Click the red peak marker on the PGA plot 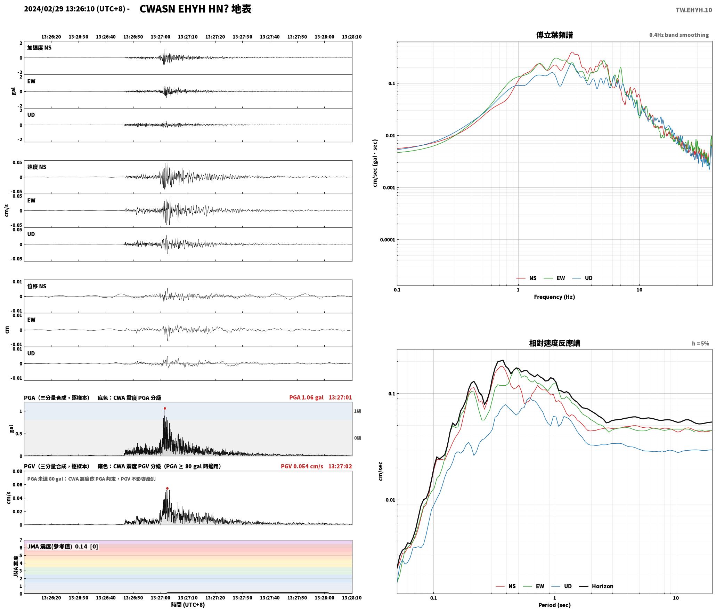165,409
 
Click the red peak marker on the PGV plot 167,489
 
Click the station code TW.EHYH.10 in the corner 694,10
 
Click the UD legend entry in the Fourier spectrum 583,278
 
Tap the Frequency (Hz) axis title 554,297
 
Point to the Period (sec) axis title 554,605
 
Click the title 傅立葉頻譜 554,35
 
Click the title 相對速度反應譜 554,343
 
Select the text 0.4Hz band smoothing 679,35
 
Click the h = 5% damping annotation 700,344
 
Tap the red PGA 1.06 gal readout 306,397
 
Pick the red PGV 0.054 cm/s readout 302,466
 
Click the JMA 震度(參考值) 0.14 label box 63,547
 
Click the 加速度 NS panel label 39,48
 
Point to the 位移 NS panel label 36,286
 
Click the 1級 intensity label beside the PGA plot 358,411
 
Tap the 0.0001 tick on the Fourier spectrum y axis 387,240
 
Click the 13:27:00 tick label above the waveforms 161,37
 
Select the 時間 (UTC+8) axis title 188,605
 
